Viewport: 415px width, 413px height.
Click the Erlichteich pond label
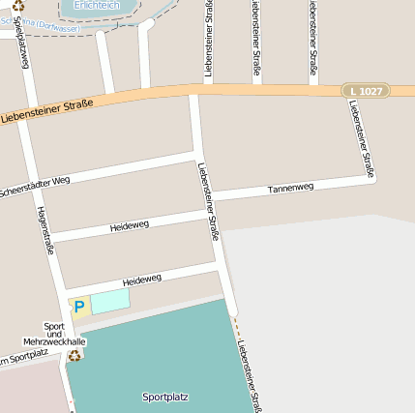(98, 4)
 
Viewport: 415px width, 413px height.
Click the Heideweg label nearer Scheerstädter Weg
(129, 225)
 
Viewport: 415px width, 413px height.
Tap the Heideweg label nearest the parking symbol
(142, 280)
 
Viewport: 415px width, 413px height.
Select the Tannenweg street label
(290, 187)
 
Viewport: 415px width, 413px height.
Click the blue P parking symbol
(79, 307)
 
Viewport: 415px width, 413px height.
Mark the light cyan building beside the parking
(109, 301)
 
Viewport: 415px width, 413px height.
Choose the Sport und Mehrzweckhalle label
(54, 335)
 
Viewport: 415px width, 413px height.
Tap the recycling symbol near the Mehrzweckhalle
(75, 355)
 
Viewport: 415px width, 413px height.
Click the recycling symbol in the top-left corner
(18, 6)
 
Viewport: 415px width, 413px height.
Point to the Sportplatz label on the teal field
(164, 397)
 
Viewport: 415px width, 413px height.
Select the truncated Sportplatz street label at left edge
(23, 360)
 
